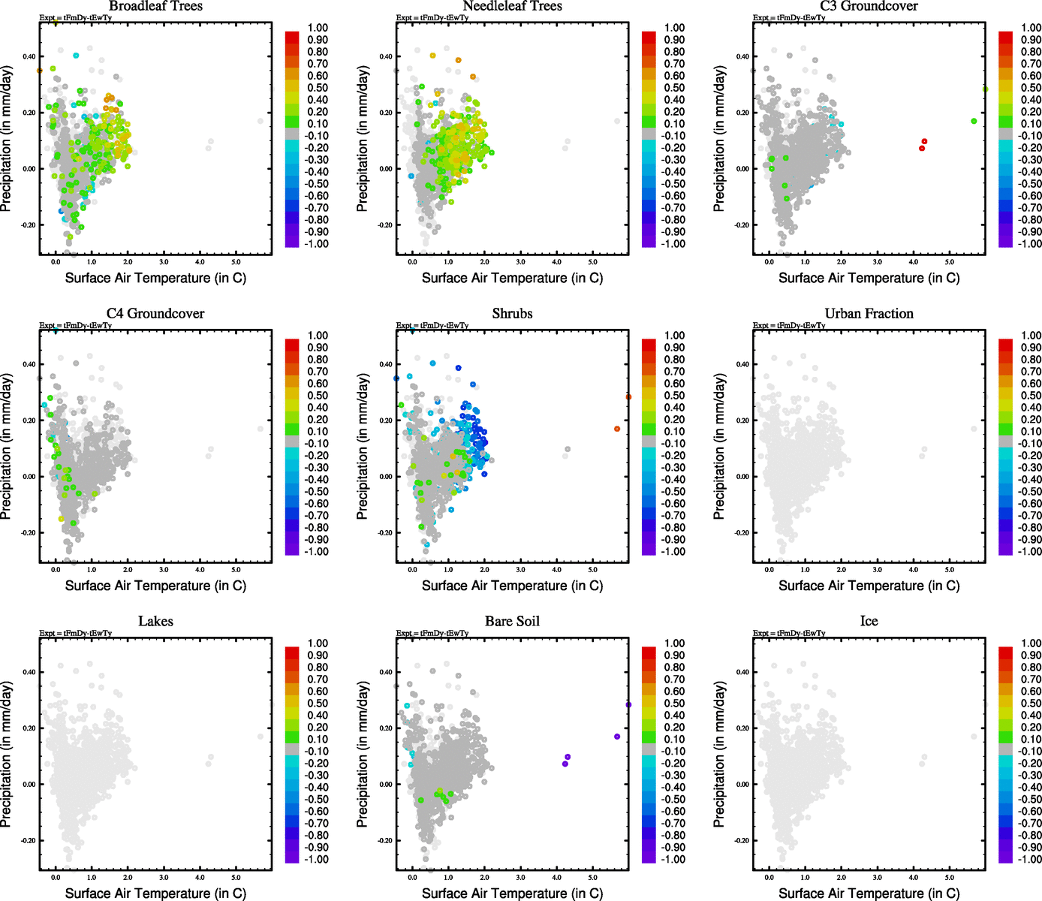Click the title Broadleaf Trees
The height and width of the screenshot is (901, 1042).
point(155,6)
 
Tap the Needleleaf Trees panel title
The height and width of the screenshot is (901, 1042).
point(512,6)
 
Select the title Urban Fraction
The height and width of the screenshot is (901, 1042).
point(869,314)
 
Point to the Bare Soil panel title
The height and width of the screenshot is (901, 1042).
point(512,622)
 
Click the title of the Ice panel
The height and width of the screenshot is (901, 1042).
point(869,622)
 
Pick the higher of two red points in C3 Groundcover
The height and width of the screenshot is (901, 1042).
point(924,141)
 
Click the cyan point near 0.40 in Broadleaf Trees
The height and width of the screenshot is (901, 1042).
point(76,56)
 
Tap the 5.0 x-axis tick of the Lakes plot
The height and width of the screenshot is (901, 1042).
point(236,877)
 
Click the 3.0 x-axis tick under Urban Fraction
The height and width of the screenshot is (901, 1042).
point(877,569)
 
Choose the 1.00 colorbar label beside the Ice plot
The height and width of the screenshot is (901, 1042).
point(1031,643)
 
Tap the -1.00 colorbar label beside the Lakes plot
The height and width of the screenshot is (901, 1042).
point(316,860)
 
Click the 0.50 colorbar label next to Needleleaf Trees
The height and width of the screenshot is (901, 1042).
point(674,88)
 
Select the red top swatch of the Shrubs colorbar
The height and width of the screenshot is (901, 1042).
point(649,345)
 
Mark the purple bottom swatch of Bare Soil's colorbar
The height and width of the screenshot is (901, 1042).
point(649,857)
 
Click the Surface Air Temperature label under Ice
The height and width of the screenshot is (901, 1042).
point(869,893)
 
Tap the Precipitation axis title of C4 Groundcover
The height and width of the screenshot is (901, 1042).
point(7,447)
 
